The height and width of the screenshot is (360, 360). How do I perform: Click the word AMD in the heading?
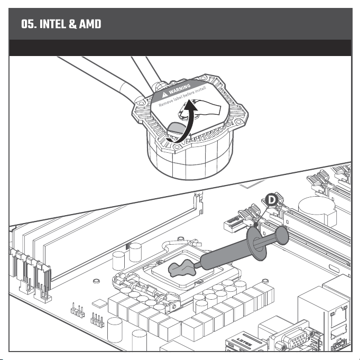pyautogui.click(x=90, y=24)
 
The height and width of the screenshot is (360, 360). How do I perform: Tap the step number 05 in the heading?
pyautogui.click(x=28, y=24)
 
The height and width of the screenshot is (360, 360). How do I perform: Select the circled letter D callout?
pyautogui.click(x=272, y=200)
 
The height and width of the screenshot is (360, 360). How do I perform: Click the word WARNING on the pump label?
pyautogui.click(x=180, y=89)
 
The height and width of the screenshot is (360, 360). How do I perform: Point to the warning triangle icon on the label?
pyautogui.click(x=164, y=95)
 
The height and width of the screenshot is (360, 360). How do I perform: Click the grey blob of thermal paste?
pyautogui.click(x=182, y=269)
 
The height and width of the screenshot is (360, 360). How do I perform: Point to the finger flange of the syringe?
pyautogui.click(x=257, y=244)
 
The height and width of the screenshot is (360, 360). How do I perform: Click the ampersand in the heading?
pyautogui.click(x=72, y=24)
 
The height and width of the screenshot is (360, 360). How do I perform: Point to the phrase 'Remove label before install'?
pyautogui.click(x=182, y=97)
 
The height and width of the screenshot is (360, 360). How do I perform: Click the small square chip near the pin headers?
pyautogui.click(x=99, y=303)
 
